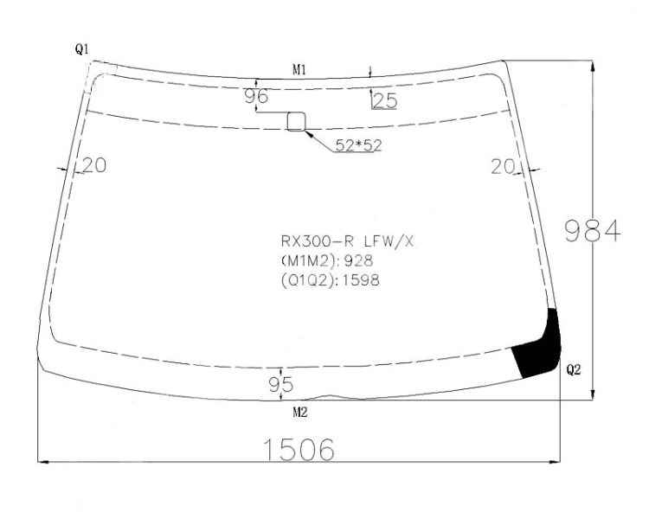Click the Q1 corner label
[x=82, y=49]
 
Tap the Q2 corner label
[x=573, y=369]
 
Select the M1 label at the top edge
[x=299, y=70]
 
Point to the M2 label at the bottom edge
[x=300, y=413]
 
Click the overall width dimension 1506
[x=299, y=450]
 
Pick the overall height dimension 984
[x=593, y=231]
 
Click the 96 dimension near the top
[x=256, y=96]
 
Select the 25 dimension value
[x=385, y=101]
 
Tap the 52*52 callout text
[x=358, y=145]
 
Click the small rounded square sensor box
[x=297, y=121]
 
